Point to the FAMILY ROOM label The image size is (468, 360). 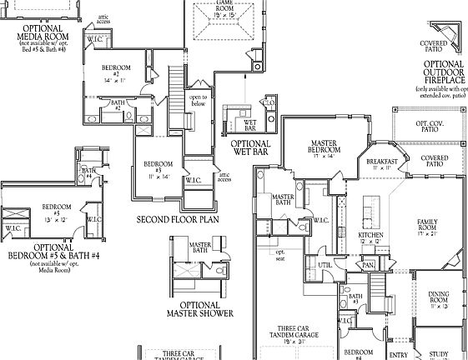coord(429,226)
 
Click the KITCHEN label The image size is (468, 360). coord(370,236)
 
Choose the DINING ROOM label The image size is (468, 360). coord(439,297)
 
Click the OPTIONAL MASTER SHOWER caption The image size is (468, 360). coord(200,309)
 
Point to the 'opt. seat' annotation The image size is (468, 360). coord(280,255)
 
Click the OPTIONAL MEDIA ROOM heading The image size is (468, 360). coord(45,34)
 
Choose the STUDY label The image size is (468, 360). coord(439,354)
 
